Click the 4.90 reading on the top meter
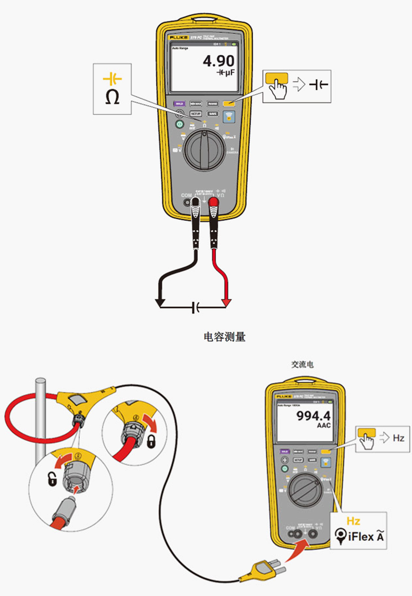click(218, 62)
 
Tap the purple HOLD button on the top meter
click(179, 104)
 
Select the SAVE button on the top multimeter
click(212, 113)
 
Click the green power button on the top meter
click(179, 124)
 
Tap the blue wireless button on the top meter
click(228, 117)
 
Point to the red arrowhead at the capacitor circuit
click(226, 302)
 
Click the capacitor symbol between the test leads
click(195, 307)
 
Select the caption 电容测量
click(224, 337)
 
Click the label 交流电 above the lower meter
click(302, 365)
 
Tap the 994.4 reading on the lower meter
click(313, 416)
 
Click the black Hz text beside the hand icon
click(398, 438)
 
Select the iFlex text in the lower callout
click(360, 536)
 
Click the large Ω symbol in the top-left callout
click(112, 97)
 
